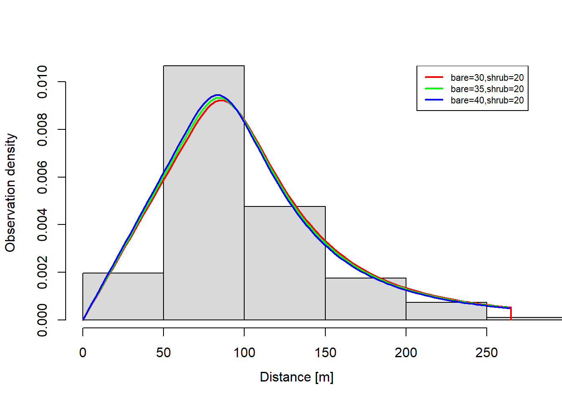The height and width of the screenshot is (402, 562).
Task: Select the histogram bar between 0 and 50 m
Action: (123, 301)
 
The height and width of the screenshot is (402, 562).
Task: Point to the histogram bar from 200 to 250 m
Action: (446, 312)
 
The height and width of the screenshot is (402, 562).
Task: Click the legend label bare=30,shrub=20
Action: (487, 77)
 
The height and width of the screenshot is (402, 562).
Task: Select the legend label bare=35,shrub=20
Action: (487, 89)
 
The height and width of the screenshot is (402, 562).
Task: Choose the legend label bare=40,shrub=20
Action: (487, 100)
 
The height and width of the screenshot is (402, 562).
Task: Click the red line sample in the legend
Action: (434, 77)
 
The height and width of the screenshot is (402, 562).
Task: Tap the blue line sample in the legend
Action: (434, 100)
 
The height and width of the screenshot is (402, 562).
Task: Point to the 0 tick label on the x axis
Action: (83, 353)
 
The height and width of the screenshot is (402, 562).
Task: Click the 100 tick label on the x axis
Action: (244, 353)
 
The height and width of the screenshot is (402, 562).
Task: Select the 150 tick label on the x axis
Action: (325, 353)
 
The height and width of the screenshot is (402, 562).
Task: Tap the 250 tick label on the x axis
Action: (487, 353)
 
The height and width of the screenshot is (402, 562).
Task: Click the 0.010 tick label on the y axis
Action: (42, 82)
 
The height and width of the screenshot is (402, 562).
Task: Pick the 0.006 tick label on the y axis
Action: (42, 177)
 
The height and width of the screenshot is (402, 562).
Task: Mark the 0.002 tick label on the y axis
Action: (42, 272)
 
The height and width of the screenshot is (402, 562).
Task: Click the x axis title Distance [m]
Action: (296, 377)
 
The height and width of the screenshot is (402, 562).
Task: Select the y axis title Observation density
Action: (10, 193)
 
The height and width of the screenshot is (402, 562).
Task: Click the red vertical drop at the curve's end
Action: (511, 314)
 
